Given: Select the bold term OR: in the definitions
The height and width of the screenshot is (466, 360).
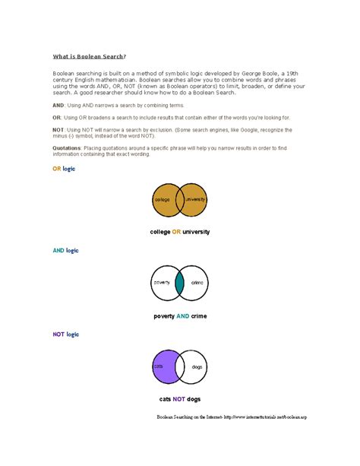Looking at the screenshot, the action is [x=56, y=119].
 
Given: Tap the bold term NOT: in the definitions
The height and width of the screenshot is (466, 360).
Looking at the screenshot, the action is [x=58, y=131].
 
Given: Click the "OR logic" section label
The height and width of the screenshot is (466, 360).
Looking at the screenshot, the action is [x=64, y=169].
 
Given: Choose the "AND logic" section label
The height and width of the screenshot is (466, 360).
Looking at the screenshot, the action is [x=65, y=250].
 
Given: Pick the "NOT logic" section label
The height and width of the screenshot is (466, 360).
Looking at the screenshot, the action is [x=65, y=334].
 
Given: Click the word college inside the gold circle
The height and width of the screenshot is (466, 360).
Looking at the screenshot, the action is [x=162, y=199].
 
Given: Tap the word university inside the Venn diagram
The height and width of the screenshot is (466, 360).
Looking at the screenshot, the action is [x=195, y=199].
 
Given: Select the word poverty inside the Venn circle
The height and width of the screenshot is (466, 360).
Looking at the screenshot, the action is [x=162, y=282].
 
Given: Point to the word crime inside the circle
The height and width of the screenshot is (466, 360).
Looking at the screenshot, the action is [x=197, y=282].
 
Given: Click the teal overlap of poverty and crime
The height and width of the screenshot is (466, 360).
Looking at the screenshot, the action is [x=179, y=283].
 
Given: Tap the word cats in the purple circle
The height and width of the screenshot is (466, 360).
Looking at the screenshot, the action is [x=159, y=366].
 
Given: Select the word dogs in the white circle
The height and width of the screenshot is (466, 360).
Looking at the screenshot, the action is [x=196, y=366].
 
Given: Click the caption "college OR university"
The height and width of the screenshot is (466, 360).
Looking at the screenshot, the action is [x=179, y=231].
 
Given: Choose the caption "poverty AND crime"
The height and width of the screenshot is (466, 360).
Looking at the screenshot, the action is [x=179, y=315].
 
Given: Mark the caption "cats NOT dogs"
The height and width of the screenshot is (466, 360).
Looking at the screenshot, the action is [x=179, y=399].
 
